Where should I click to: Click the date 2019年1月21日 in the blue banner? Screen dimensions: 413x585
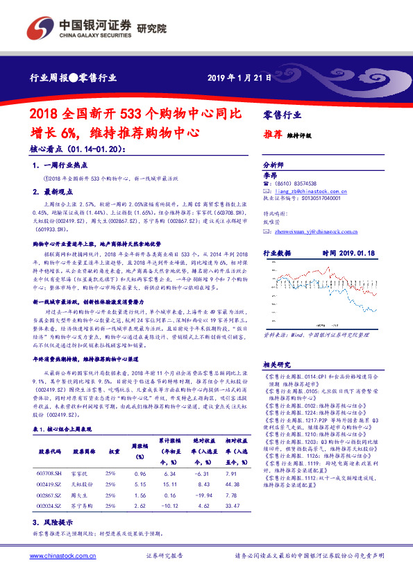click(239, 77)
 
